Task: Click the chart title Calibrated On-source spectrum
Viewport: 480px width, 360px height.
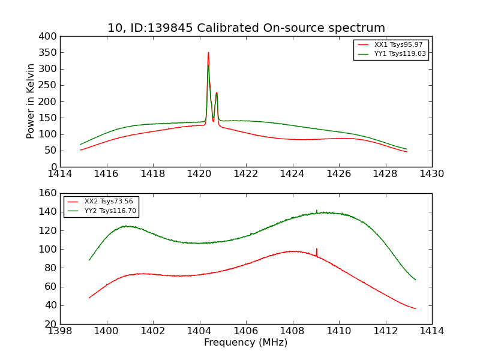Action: tap(246, 28)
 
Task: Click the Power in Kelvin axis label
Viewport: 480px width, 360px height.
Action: tap(31, 101)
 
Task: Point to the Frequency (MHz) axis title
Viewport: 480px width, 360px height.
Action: tap(246, 343)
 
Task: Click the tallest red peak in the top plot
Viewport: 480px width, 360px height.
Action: tap(209, 53)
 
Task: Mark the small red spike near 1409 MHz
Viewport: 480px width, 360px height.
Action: tap(317, 250)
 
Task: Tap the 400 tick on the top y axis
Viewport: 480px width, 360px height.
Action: tap(50, 37)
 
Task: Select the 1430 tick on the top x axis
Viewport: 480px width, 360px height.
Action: tap(432, 174)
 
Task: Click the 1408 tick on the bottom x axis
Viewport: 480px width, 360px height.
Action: tap(293, 331)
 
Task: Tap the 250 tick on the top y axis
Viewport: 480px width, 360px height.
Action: tap(50, 85)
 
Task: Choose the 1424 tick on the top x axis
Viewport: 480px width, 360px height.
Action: tap(293, 174)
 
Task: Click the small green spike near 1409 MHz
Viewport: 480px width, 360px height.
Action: tap(317, 211)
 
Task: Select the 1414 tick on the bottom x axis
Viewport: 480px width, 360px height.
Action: tap(432, 331)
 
